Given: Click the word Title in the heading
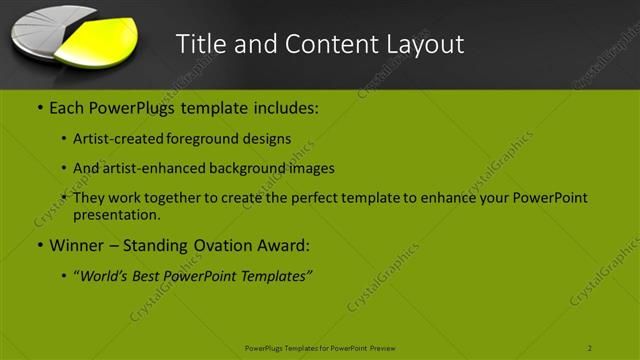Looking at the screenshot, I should point(199,44).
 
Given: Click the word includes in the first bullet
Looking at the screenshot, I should point(284,106).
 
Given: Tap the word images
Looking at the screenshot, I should point(312,168).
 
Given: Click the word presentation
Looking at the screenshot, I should point(116,214).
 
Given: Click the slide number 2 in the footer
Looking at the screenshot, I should point(589,348).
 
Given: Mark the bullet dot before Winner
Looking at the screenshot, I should point(39,246).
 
